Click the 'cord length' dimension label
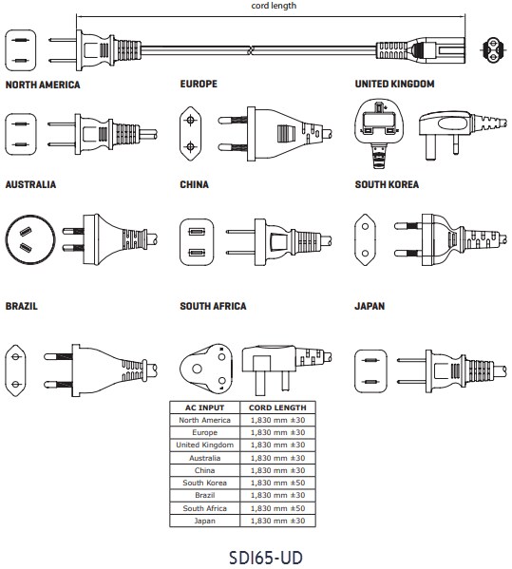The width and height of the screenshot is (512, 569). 274,6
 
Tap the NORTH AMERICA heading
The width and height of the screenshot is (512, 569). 43,85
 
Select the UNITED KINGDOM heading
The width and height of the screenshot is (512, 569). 394,84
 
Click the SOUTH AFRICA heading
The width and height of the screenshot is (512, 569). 213,306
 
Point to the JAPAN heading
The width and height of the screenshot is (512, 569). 370,306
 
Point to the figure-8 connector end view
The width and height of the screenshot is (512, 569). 492,49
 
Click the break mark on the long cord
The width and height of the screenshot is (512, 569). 250,50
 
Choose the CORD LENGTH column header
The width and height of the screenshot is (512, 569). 277,408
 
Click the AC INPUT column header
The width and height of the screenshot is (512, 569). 204,408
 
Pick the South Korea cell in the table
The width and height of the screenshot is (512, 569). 204,483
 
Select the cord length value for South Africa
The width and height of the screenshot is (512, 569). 277,508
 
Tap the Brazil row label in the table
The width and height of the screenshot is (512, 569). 204,495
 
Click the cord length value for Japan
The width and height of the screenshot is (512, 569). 277,521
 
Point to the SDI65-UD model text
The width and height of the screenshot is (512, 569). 266,558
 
